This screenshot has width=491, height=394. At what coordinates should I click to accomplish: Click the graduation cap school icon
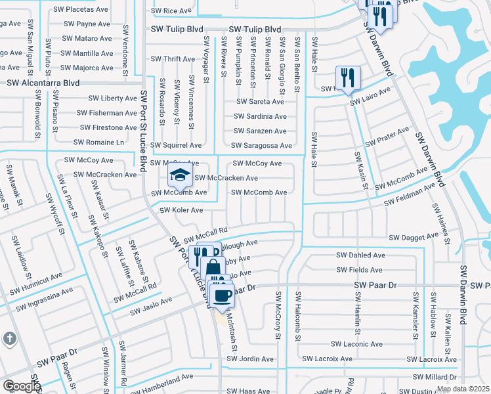tap(178, 175)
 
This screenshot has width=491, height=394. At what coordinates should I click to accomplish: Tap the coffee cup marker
tap(223, 294)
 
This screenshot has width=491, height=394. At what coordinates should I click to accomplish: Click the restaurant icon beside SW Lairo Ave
tap(347, 78)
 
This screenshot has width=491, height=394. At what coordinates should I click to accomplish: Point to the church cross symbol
tap(9, 339)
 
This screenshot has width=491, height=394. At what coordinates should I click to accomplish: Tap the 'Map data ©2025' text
tap(463, 389)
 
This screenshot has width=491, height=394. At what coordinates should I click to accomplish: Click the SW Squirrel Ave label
tap(176, 145)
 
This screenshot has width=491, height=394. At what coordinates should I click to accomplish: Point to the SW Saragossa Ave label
tap(262, 145)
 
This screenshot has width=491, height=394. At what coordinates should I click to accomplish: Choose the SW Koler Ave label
tap(182, 209)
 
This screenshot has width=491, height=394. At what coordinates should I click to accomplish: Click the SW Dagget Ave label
tap(413, 236)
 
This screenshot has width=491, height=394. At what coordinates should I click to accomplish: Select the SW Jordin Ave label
tap(250, 359)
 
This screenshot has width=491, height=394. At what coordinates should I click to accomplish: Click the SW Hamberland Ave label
tap(161, 378)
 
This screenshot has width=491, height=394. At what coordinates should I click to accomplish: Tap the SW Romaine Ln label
tap(98, 142)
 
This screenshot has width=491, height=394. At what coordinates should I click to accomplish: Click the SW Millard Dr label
tap(435, 377)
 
